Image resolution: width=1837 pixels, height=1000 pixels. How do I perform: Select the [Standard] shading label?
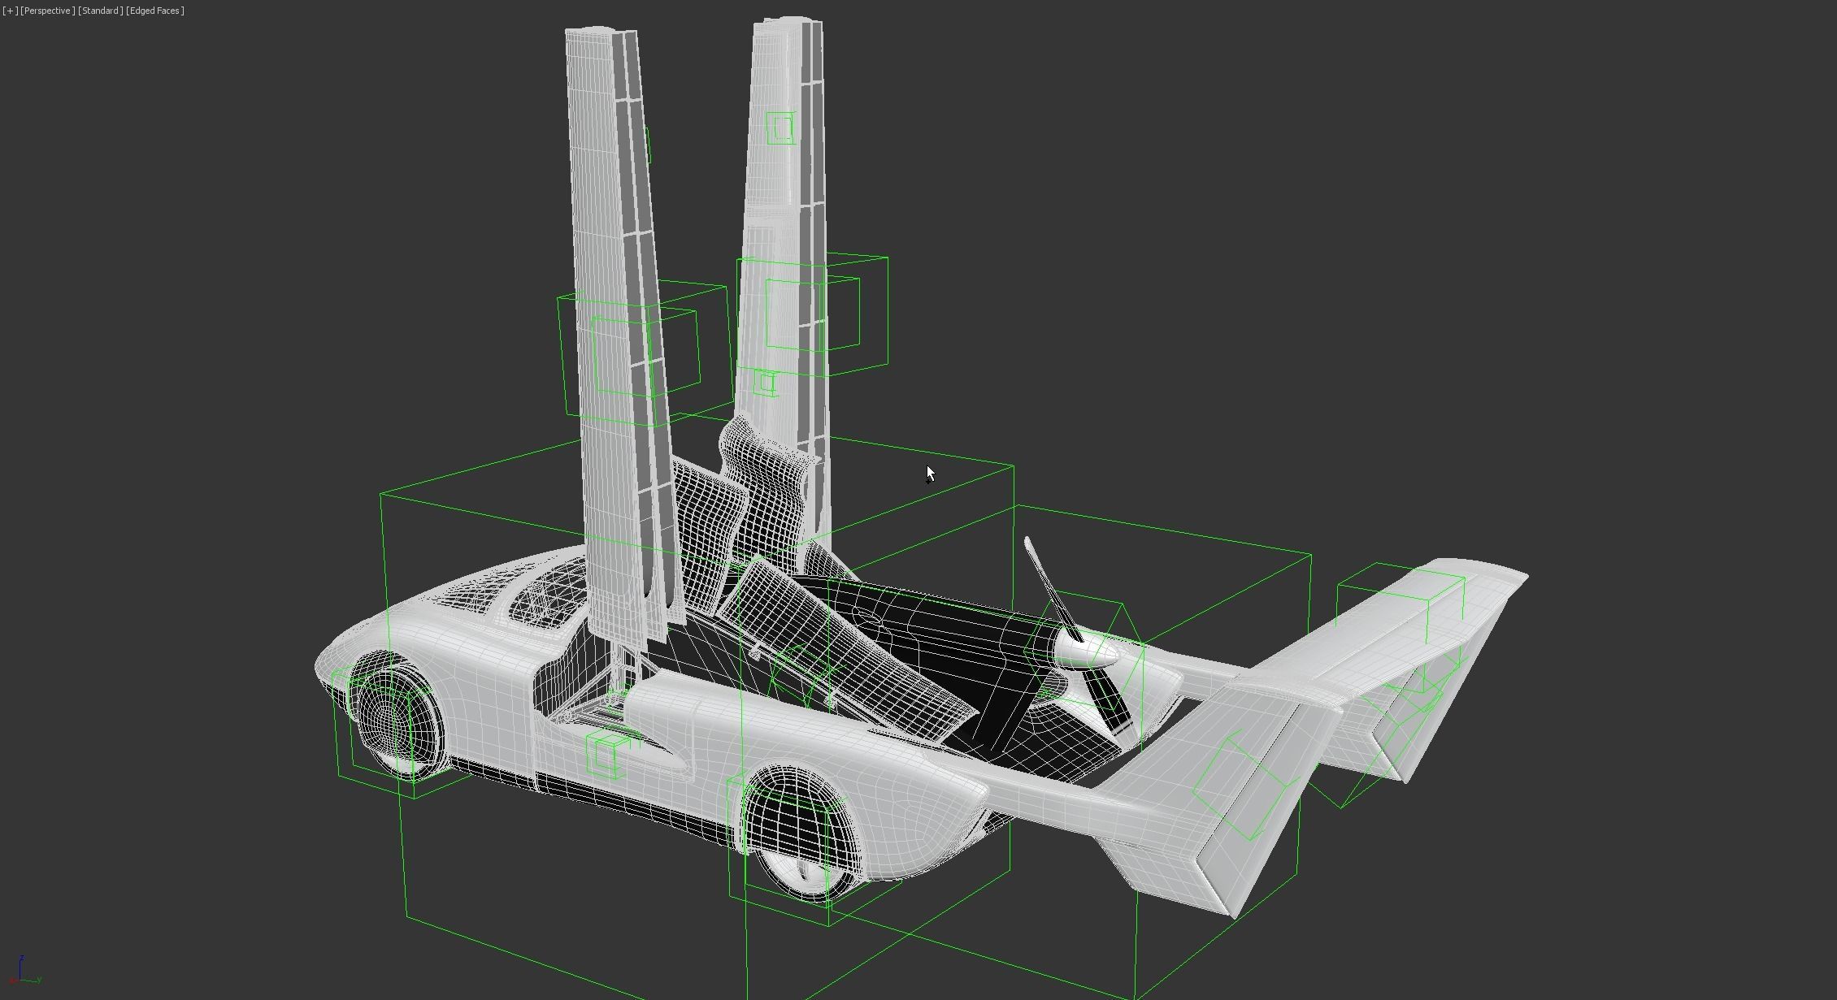(x=100, y=11)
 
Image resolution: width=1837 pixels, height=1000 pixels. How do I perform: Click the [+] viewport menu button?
(x=10, y=11)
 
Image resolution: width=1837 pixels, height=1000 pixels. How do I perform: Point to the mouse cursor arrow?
(x=930, y=474)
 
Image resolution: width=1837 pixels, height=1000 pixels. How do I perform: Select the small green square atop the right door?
(x=780, y=128)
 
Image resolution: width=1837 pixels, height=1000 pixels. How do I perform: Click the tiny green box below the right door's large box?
(x=765, y=383)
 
